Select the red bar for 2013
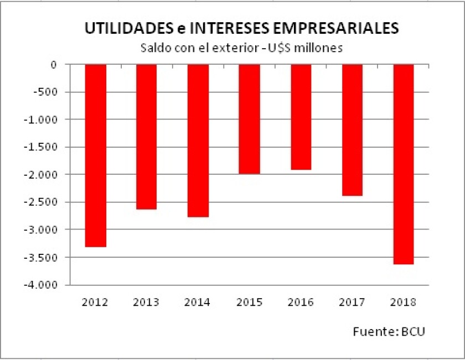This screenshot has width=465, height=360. pos(146,137)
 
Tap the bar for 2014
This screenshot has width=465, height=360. pos(198,140)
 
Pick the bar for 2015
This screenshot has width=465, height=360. pos(249,119)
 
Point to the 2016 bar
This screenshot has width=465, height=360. pos(301,117)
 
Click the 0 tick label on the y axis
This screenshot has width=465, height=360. pos(54,65)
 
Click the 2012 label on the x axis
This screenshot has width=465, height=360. pos(95,302)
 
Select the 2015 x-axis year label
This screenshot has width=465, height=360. pos(249,302)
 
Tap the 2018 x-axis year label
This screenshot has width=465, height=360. pos(404,302)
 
